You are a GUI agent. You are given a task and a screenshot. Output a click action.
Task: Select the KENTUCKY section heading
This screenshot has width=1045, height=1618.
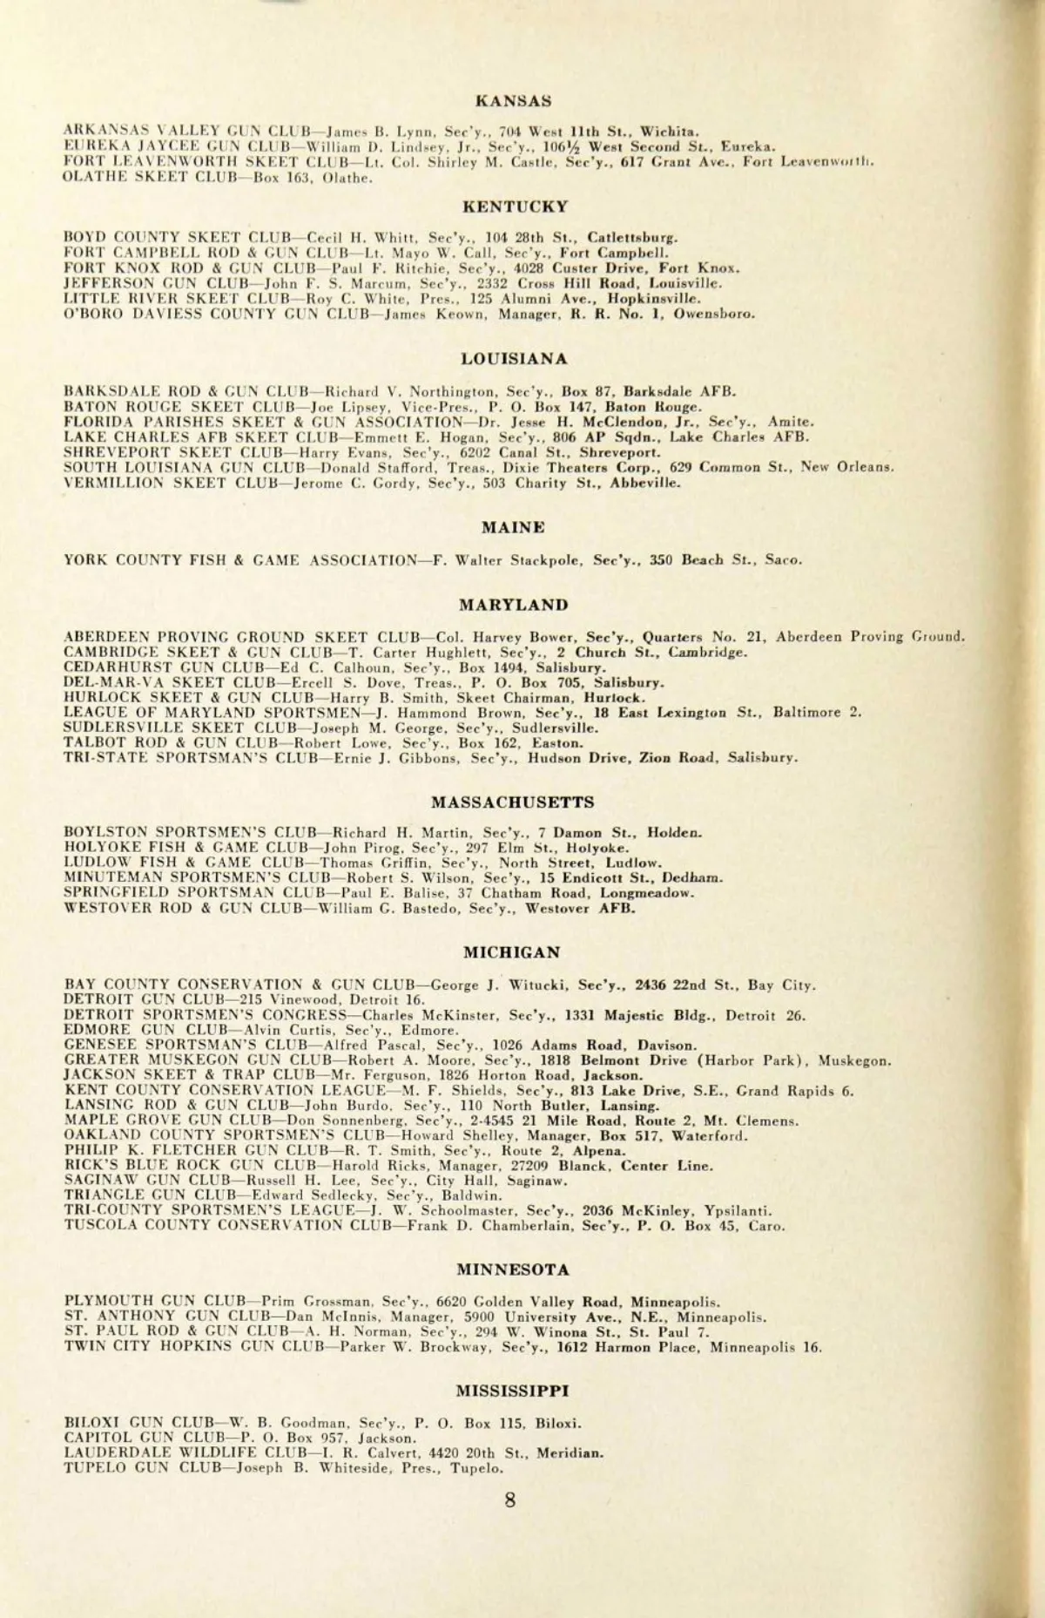tap(515, 206)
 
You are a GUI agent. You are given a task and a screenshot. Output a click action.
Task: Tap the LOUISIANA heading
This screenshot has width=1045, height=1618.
tap(514, 358)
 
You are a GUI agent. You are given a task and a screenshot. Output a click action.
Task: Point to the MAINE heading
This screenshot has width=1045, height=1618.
tap(513, 527)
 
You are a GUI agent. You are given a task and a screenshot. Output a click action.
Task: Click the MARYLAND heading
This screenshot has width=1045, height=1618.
tap(514, 605)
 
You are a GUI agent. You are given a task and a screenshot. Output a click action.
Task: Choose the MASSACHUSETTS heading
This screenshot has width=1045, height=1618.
tap(513, 802)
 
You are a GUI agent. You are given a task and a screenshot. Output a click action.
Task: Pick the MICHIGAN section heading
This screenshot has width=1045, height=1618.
tap(512, 952)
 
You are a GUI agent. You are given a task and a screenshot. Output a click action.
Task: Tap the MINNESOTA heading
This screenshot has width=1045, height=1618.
tap(513, 1269)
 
